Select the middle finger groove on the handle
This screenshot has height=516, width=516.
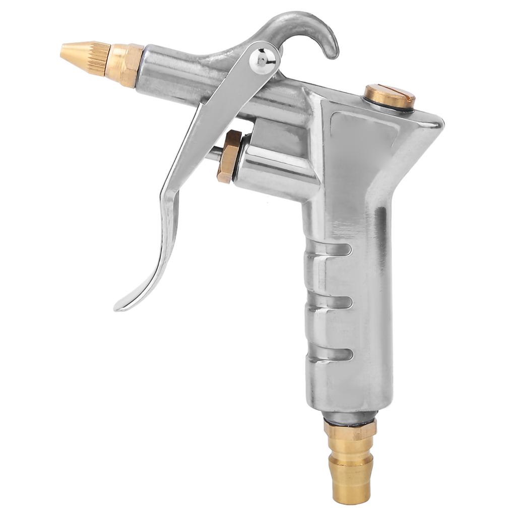[x=330, y=302]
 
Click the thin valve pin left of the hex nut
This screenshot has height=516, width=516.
[x=212, y=153]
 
